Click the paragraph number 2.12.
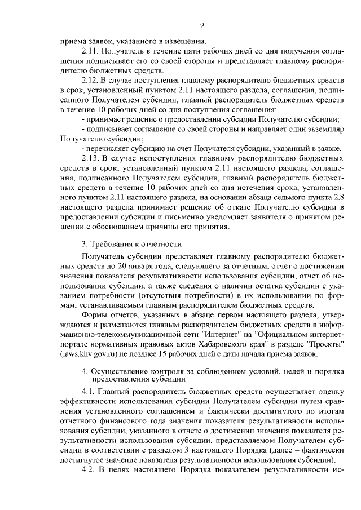click(91, 81)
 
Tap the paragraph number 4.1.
click(89, 391)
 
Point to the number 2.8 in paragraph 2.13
click(333, 196)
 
